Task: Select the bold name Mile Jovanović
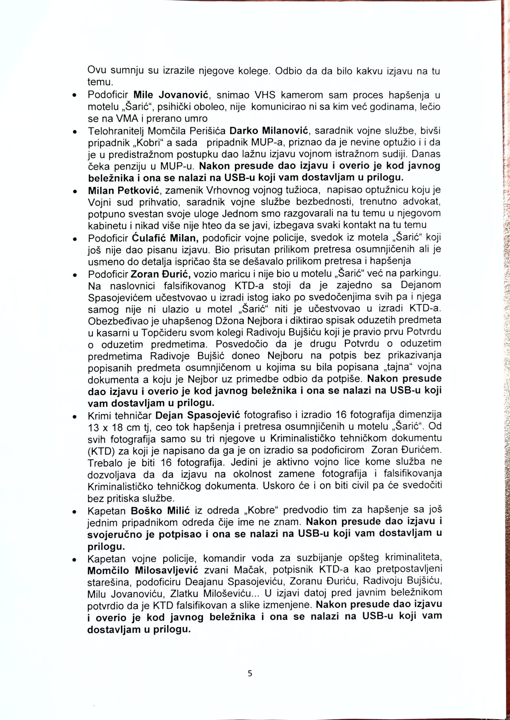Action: (x=171, y=95)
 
